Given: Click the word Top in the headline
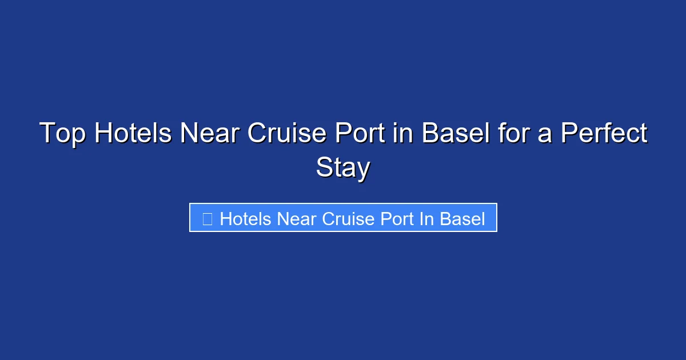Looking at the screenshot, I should tap(62, 134).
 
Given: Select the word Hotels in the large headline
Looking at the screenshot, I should tap(133, 134).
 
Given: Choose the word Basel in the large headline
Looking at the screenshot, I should tap(455, 134).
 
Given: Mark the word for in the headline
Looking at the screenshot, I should tap(510, 134).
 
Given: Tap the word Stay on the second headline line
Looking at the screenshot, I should tap(343, 168).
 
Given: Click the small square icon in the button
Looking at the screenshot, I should tap(208, 219).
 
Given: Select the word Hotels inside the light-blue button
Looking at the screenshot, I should tap(246, 219).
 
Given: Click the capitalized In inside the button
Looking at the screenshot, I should tap(426, 219).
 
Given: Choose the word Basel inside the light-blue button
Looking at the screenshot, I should tap(462, 219).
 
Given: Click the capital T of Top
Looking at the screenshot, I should tap(47, 134).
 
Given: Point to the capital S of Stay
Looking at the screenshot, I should tap(324, 168).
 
